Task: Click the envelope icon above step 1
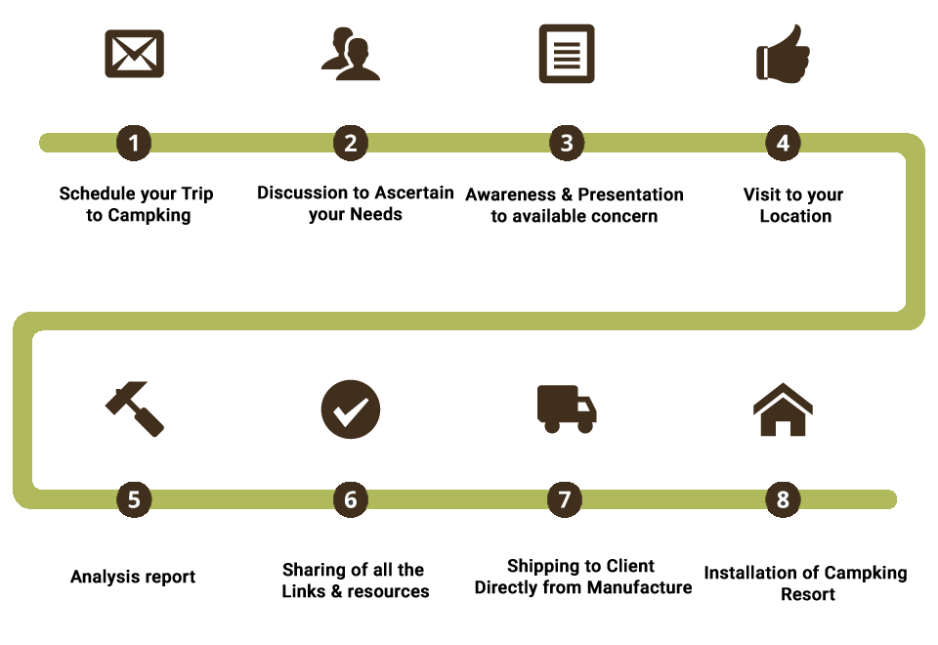(134, 55)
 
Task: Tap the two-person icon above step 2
(351, 55)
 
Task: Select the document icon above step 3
(567, 55)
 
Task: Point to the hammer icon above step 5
(134, 408)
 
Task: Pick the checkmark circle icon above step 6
(351, 408)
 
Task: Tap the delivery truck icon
(567, 408)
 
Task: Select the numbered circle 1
(134, 143)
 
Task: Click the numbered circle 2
(351, 143)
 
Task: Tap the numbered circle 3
(567, 143)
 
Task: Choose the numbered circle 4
(783, 143)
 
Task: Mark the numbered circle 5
(134, 499)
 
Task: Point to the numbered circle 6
(351, 499)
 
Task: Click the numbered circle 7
(564, 499)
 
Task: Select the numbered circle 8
(783, 499)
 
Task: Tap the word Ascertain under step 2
(414, 193)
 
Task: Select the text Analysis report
(133, 577)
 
